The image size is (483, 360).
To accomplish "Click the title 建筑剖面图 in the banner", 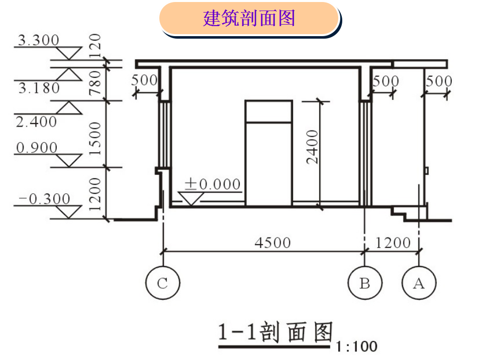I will click(x=249, y=19).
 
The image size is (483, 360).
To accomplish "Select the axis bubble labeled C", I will click(x=162, y=283).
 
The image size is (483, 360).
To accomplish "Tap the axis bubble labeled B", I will click(x=365, y=283).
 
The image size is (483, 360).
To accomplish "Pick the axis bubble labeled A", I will click(x=419, y=283).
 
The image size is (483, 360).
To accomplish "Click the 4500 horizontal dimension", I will click(x=272, y=243).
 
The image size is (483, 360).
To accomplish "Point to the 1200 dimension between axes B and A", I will click(x=393, y=243).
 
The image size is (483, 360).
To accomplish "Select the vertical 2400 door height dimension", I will click(x=313, y=147).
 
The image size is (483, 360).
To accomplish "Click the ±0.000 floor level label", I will click(x=212, y=184).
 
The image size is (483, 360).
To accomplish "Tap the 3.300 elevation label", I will click(x=38, y=40).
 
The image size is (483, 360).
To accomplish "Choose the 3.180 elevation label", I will click(x=39, y=88).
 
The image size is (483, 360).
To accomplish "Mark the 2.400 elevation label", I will click(x=36, y=122).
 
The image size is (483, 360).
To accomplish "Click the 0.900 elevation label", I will click(x=37, y=148).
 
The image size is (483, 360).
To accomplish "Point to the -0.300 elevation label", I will click(x=44, y=199).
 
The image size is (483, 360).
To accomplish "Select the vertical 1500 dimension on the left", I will click(x=95, y=135).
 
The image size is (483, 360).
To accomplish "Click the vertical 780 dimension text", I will click(x=95, y=82).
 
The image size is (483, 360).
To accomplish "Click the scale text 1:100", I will click(x=357, y=346).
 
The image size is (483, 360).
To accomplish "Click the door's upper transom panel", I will click(x=268, y=111).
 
